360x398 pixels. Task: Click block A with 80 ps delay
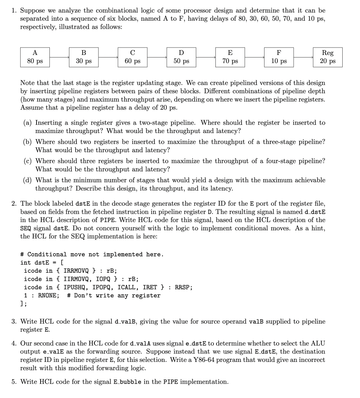(35, 57)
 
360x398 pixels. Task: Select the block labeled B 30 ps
(84, 57)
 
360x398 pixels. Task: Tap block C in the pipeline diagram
(132, 57)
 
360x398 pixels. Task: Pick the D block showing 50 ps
(181, 57)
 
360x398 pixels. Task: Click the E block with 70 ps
(230, 57)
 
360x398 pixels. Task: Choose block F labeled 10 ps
(279, 57)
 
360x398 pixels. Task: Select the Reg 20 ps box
(328, 57)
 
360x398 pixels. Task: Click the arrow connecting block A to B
(59, 57)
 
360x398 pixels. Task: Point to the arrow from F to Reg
(303, 57)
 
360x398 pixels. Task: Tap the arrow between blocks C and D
(157, 57)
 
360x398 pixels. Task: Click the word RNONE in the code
(48, 296)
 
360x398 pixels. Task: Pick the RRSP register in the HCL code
(183, 287)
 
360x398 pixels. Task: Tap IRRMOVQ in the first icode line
(78, 271)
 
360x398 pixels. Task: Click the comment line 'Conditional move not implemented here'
(92, 255)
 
